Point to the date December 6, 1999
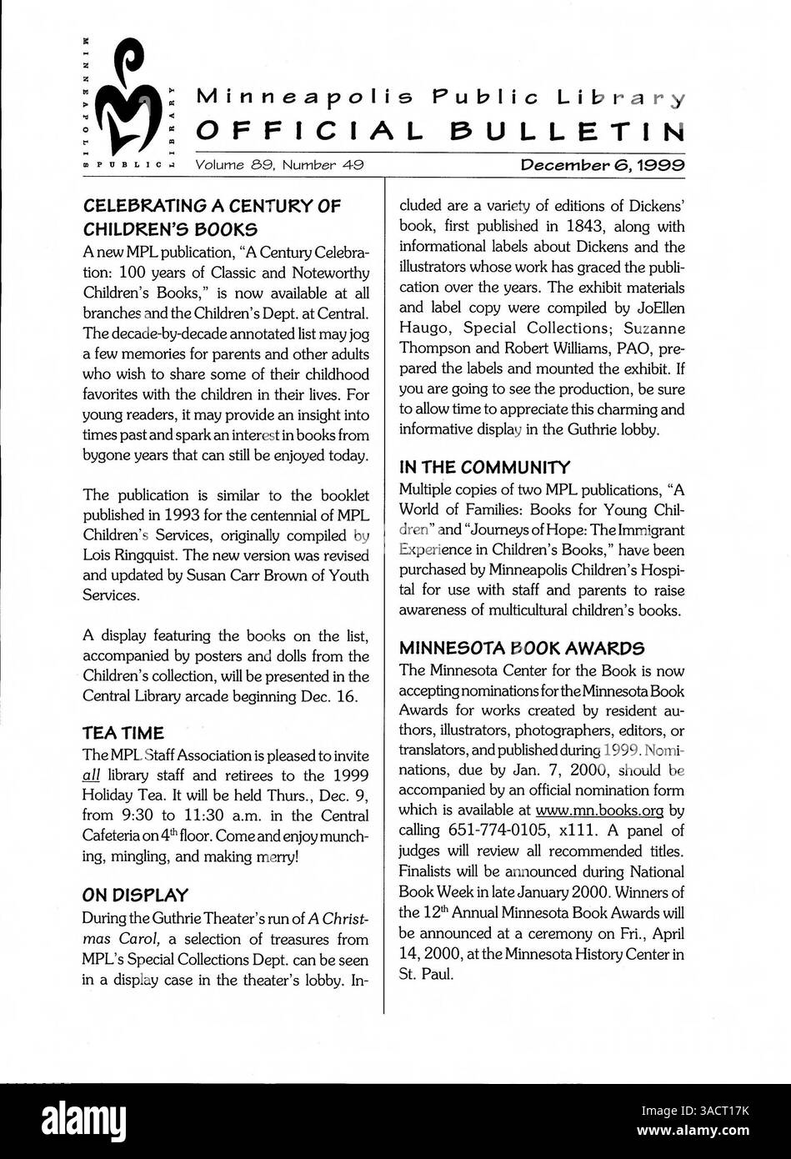[x=603, y=165]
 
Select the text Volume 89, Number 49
[x=278, y=165]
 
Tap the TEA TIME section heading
[x=123, y=733]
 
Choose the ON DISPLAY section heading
[x=135, y=896]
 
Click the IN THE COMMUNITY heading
[x=484, y=467]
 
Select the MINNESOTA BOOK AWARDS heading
[x=521, y=647]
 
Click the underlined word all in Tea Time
[x=91, y=775]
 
